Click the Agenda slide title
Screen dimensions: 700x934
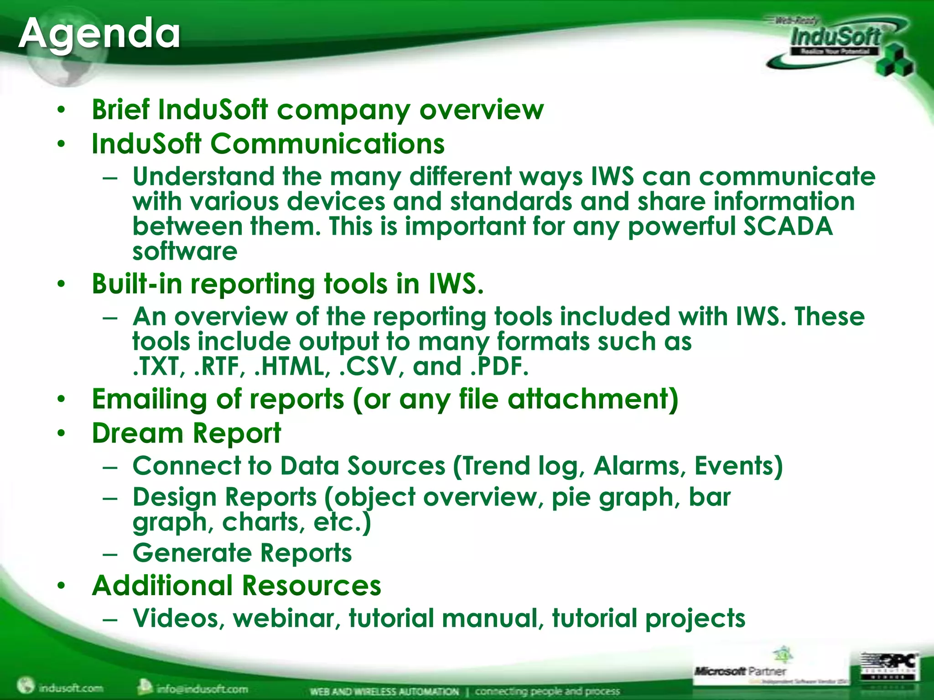click(x=99, y=34)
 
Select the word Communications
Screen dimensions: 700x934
click(x=327, y=144)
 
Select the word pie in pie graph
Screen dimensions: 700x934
click(x=570, y=497)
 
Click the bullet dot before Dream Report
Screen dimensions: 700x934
click(x=62, y=434)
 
